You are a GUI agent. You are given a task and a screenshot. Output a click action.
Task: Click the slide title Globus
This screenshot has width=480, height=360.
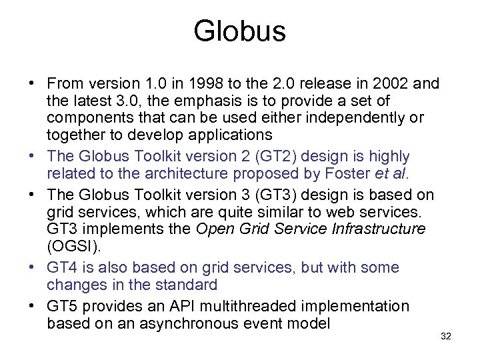[x=239, y=31]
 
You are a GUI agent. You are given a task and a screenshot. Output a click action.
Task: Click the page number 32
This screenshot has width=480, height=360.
[x=446, y=337]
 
